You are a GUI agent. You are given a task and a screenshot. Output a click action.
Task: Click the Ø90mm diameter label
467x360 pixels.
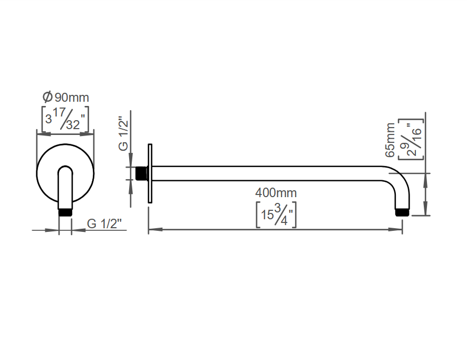coord(66,97)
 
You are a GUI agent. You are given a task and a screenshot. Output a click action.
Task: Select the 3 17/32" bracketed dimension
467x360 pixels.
coord(65,119)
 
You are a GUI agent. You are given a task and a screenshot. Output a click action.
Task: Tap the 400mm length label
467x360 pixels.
coord(276,193)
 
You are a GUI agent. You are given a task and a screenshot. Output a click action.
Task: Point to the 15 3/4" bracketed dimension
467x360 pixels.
coord(276,215)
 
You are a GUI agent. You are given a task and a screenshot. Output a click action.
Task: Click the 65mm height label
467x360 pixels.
coord(390,140)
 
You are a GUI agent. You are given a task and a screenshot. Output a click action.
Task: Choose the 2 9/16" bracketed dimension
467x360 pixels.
coord(411,139)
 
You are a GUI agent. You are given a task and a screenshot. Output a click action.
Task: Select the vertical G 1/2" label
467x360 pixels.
coord(123,133)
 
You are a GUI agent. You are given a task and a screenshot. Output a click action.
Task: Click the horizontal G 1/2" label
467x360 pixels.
coord(104,223)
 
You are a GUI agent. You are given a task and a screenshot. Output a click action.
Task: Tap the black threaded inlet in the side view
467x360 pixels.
coord(141,173)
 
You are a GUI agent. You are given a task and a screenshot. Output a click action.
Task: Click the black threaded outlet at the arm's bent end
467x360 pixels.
coord(402,212)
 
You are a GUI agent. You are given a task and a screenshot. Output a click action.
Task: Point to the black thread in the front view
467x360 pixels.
coord(65,212)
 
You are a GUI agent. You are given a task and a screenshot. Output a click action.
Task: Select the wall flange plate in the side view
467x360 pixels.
coord(150,173)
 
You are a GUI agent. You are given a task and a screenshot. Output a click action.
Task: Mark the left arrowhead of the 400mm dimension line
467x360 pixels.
coord(155,230)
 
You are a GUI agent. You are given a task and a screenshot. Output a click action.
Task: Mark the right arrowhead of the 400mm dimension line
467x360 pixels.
coord(395,230)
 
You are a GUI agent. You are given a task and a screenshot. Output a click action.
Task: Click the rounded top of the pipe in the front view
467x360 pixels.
coord(65,169)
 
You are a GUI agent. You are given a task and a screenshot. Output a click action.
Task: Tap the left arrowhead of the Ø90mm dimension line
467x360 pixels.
coord(43,134)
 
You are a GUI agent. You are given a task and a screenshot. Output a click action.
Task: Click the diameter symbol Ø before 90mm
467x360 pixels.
coord(47,97)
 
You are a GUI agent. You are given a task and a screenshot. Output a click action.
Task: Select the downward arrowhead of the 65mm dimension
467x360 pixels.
coord(425,208)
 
